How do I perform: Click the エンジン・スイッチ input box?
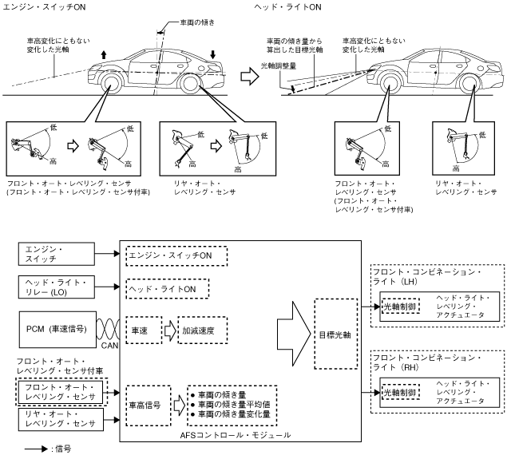point(57,254)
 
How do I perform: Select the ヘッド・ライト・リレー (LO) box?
point(57,287)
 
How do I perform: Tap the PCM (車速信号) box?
point(57,330)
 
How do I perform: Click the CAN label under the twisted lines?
point(109,346)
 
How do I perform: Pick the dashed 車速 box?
point(144,330)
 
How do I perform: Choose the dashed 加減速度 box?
point(203,330)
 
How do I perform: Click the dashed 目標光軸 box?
point(336,334)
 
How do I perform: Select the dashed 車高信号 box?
point(149,406)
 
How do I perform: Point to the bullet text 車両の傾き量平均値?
point(234,404)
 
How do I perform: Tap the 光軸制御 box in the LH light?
point(401,307)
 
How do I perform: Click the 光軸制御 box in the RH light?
point(401,392)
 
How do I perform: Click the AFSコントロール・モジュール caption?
point(236,435)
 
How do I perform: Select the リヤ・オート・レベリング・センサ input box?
point(61,419)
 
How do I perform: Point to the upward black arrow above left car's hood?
point(104,54)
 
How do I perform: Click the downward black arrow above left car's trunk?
point(212,54)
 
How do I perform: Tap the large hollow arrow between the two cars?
point(250,77)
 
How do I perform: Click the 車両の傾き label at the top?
point(197,22)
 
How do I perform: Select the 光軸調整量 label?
point(279,65)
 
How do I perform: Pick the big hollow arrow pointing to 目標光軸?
point(294,334)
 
